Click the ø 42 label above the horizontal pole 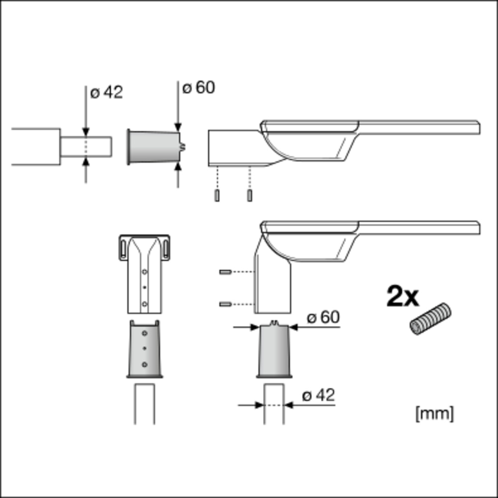[x=107, y=93]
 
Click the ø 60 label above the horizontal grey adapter [x=199, y=87]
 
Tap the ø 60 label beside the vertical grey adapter [x=323, y=317]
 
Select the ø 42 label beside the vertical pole [x=319, y=396]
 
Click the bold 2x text [x=403, y=296]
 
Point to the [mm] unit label [x=435, y=413]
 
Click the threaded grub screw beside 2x [x=430, y=319]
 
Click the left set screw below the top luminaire [x=217, y=195]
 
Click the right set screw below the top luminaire [x=249, y=195]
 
